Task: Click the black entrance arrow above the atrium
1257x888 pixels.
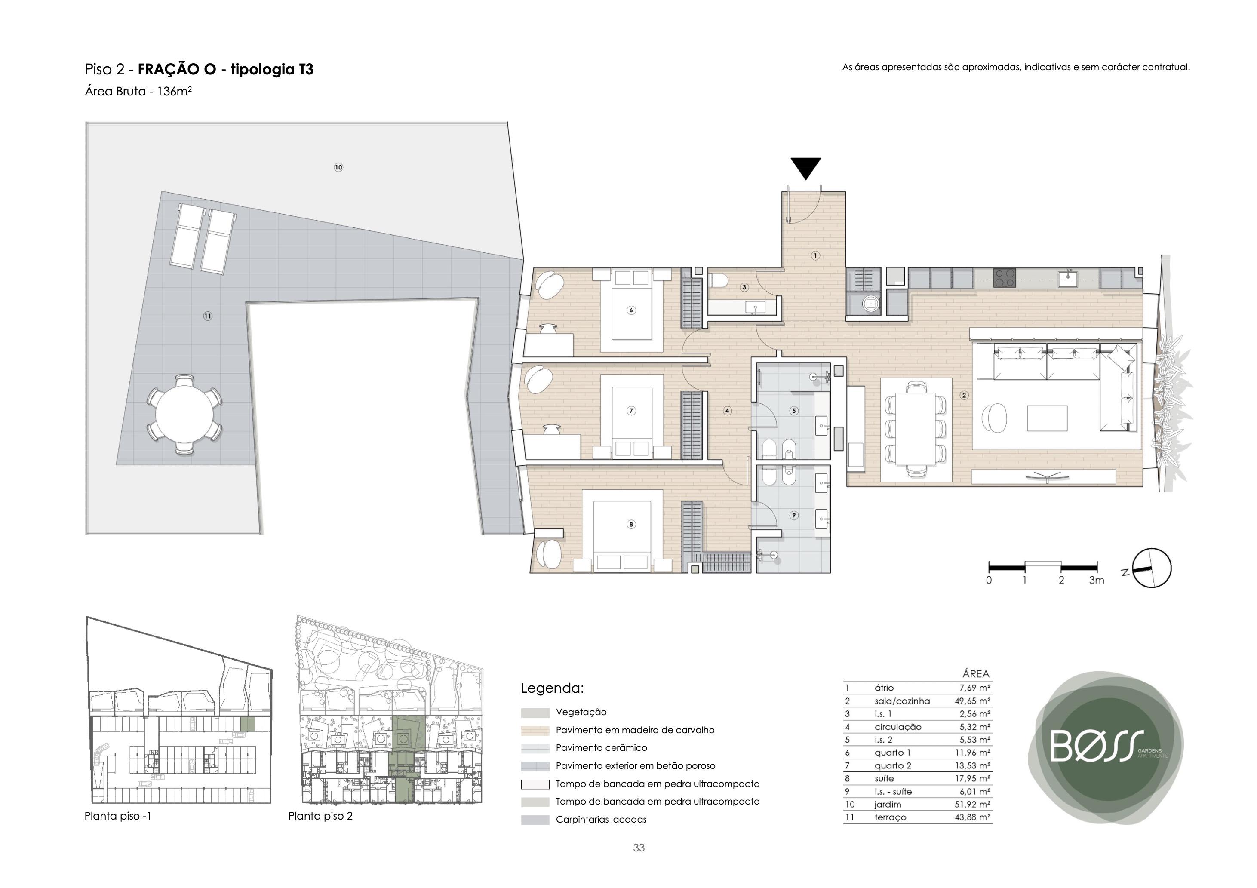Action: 806,168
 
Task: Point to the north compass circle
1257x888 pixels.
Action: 1151,568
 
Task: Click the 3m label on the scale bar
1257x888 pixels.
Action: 1097,581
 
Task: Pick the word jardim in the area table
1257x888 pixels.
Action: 888,804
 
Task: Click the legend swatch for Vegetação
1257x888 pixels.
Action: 535,713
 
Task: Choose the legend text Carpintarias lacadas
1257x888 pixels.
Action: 601,820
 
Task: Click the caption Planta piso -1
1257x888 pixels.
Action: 118,816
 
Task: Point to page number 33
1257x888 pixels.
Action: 639,848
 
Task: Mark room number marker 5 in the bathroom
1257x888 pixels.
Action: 794,411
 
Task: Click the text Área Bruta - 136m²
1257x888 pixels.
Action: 138,92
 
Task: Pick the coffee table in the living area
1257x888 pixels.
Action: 1047,418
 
